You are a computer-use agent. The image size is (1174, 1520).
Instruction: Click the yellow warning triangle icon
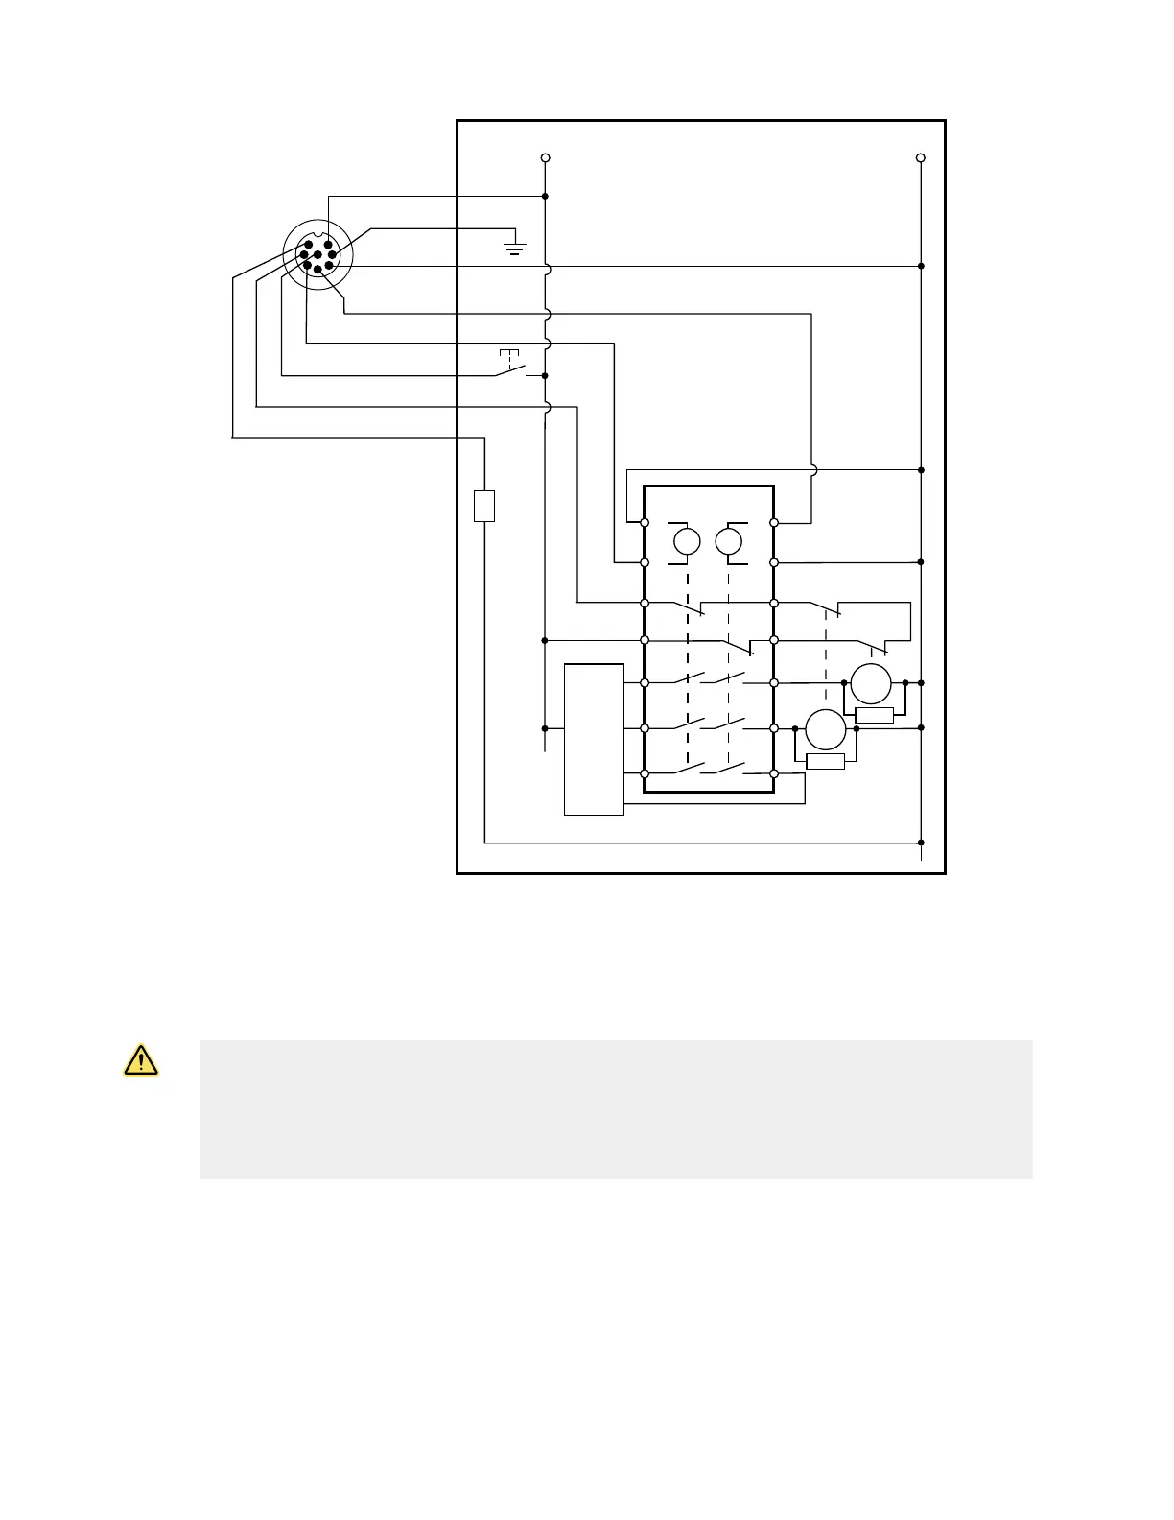141,1060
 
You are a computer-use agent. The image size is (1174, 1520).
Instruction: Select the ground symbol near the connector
515,249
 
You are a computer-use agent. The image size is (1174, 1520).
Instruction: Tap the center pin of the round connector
317,255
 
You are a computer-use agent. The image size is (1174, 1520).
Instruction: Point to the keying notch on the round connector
318,229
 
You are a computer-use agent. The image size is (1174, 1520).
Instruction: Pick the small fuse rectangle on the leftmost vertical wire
484,506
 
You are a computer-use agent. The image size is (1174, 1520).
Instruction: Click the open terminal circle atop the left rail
545,157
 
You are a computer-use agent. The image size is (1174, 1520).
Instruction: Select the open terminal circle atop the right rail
921,157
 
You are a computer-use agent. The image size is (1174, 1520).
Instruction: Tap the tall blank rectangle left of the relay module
594,739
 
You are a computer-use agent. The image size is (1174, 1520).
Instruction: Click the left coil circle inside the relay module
687,541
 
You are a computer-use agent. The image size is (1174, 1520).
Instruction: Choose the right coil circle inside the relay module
729,541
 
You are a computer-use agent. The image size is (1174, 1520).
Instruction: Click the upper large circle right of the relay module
872,683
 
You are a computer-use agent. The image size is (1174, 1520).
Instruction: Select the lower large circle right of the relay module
825,729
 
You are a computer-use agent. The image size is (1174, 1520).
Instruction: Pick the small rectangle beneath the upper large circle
874,715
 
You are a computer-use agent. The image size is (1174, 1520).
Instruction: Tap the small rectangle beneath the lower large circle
825,761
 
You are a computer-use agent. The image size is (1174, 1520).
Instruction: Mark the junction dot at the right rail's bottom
921,843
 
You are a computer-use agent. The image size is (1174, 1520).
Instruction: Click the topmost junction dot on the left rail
545,197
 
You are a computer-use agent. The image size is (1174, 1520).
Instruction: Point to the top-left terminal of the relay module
645,523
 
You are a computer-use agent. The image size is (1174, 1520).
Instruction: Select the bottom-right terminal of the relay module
773,773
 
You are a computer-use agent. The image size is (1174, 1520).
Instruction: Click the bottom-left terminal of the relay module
645,773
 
